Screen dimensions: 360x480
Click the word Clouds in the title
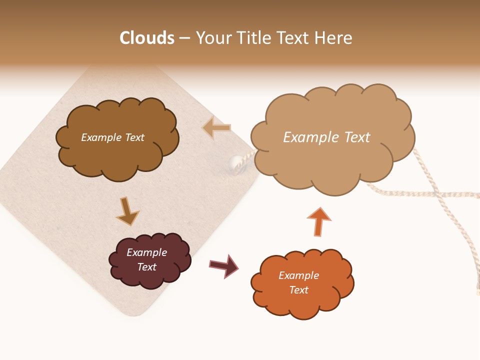click(x=147, y=38)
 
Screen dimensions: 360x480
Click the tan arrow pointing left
click(x=216, y=128)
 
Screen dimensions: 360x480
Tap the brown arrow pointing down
click(x=127, y=211)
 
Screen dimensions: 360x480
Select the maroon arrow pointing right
click(x=223, y=265)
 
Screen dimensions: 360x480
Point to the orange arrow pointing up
click(x=319, y=221)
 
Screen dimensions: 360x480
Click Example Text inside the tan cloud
click(x=326, y=137)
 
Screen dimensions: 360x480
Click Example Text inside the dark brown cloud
click(x=112, y=137)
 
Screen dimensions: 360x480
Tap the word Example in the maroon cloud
click(x=146, y=252)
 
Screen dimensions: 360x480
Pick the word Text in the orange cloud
click(x=298, y=290)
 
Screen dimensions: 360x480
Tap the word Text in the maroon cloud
click(x=146, y=267)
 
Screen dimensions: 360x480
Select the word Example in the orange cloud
click(x=298, y=275)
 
